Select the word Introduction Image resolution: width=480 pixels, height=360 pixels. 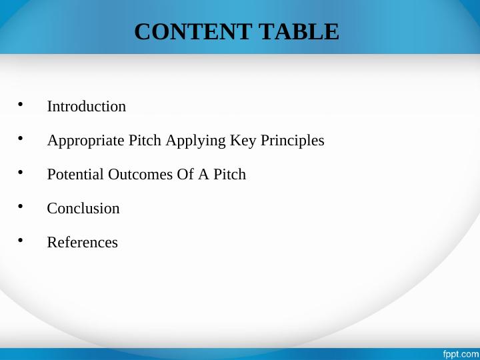pyautogui.click(x=86, y=107)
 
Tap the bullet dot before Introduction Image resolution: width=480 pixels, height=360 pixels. pyautogui.click(x=21, y=105)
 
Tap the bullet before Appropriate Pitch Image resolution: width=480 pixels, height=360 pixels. pyautogui.click(x=21, y=139)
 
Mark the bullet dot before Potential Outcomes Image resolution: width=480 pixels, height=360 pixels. pyautogui.click(x=21, y=173)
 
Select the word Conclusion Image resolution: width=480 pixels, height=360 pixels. pyautogui.click(x=83, y=209)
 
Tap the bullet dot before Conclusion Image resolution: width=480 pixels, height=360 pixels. pyautogui.click(x=21, y=207)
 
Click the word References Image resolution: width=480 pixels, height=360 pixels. pyautogui.click(x=82, y=243)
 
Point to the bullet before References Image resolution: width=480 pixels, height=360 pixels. pyautogui.click(x=21, y=241)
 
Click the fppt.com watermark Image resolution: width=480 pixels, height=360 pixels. pyautogui.click(x=461, y=353)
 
